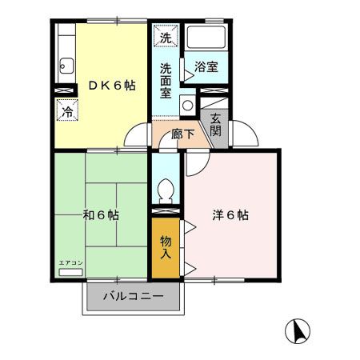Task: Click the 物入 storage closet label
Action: click(x=166, y=247)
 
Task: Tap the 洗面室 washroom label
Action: click(x=166, y=80)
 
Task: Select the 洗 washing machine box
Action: click(x=165, y=37)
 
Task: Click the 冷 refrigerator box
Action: click(x=67, y=111)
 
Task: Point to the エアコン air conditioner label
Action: click(x=70, y=263)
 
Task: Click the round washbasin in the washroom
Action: click(x=186, y=104)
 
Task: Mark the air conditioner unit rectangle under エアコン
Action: click(x=70, y=273)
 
